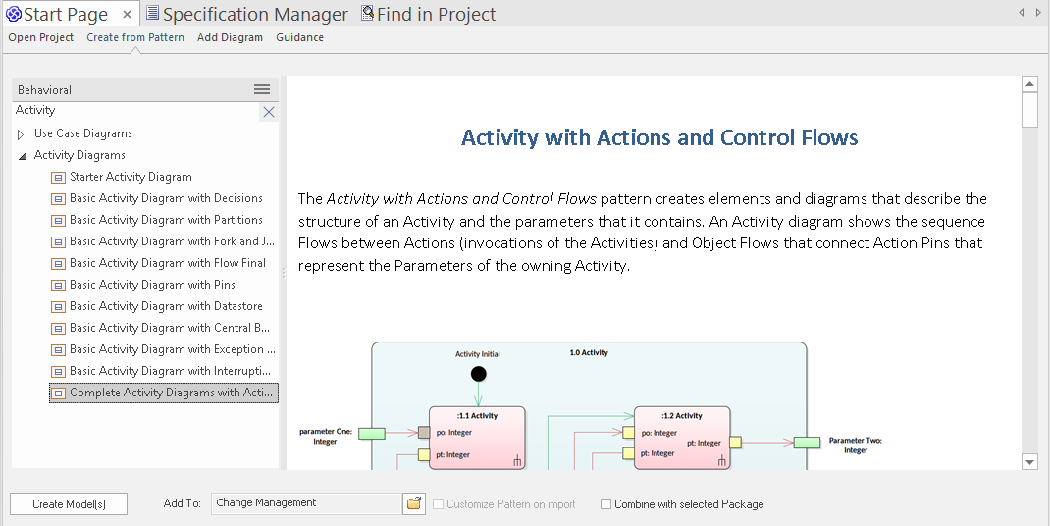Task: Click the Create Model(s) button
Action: click(x=69, y=504)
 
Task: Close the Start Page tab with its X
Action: click(x=127, y=14)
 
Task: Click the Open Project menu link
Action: click(x=41, y=37)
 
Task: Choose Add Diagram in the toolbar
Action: click(x=230, y=37)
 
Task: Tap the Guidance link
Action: click(x=299, y=37)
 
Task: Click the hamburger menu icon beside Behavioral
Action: click(x=262, y=89)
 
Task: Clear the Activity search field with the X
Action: click(x=268, y=112)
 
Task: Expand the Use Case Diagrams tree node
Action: click(x=21, y=134)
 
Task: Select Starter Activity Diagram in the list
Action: click(x=131, y=177)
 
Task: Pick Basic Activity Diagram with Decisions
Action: click(x=166, y=198)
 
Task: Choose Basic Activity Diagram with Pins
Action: click(x=152, y=285)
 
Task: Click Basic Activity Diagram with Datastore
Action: click(x=166, y=306)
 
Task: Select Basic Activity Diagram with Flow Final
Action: click(x=168, y=263)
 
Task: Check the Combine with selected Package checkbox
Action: click(x=605, y=504)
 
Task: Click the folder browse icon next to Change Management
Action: click(x=414, y=503)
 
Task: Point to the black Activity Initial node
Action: click(x=478, y=373)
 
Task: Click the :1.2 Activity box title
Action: click(x=682, y=416)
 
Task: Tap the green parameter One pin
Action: click(x=371, y=433)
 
